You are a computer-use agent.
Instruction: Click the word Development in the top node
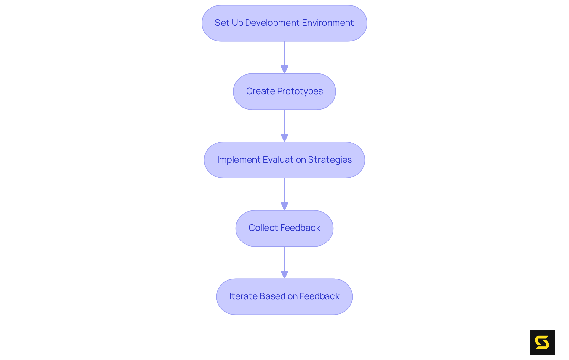[272, 23]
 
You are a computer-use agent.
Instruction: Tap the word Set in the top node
[222, 23]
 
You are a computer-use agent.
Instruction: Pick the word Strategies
[330, 160]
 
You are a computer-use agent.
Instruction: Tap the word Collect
[263, 228]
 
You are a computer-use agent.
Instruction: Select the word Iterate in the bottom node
[243, 296]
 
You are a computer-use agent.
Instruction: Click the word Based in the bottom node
[272, 296]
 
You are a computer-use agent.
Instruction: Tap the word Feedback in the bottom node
[319, 296]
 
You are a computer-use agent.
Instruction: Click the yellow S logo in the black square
[542, 343]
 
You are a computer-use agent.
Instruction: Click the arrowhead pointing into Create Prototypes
[284, 70]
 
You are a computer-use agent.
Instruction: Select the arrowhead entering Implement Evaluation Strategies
[284, 138]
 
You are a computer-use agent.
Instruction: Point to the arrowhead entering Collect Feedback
[284, 206]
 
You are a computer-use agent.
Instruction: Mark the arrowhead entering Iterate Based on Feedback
[284, 275]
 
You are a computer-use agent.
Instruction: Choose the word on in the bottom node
[292, 296]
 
